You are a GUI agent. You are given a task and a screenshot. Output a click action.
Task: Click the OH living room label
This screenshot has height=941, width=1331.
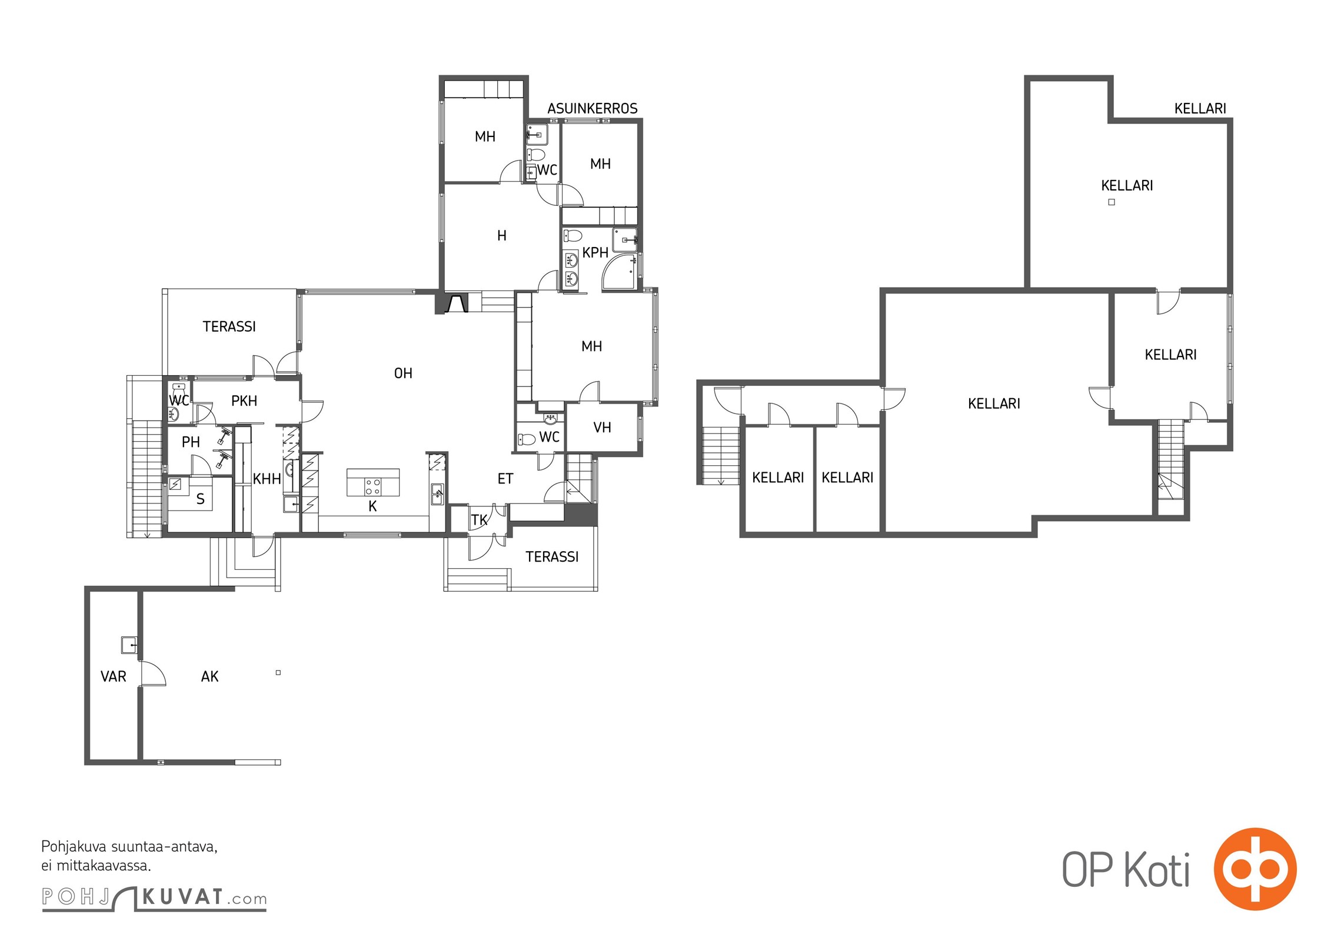403,373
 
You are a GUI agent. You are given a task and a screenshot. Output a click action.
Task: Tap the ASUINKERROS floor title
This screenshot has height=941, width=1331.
593,109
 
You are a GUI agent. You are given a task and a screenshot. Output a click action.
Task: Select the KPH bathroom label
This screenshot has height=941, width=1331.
595,253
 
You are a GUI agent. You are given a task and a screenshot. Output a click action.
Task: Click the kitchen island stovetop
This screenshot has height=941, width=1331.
373,487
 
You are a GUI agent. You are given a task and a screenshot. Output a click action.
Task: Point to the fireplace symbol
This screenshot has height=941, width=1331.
456,303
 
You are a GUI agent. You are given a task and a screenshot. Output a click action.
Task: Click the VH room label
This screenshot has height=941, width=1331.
602,428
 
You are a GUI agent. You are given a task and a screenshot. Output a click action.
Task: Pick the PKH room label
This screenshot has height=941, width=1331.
244,401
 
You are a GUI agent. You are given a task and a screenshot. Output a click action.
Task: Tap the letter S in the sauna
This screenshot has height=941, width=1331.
201,499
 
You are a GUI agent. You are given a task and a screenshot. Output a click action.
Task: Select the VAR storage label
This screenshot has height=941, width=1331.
114,677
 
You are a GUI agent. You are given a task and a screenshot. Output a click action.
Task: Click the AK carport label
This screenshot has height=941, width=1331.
209,677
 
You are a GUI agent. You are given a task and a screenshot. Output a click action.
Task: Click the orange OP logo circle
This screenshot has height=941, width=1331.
1255,869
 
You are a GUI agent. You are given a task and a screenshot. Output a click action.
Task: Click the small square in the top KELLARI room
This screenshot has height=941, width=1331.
1112,202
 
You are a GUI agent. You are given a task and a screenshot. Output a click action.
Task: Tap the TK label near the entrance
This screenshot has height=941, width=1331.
479,520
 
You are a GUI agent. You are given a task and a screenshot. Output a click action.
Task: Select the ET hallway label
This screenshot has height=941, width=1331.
505,479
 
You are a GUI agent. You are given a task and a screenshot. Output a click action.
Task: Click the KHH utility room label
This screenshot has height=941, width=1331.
267,479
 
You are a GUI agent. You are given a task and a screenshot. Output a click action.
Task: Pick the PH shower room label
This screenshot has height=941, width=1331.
191,442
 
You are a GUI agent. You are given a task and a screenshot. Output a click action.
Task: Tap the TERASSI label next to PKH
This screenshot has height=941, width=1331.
229,327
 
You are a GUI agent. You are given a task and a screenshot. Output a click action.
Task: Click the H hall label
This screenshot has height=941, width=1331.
502,236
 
